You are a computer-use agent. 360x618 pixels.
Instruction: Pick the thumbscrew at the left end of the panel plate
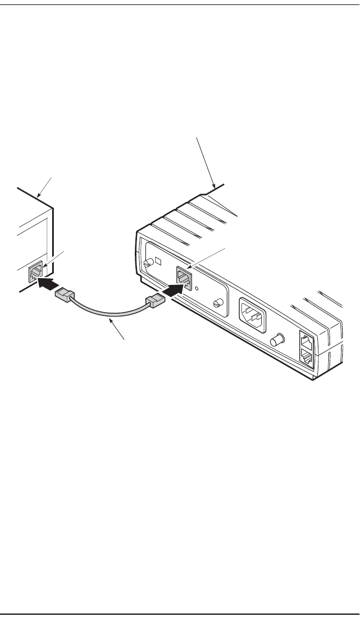pyautogui.click(x=148, y=264)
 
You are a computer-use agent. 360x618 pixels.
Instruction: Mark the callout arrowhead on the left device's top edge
pyautogui.click(x=38, y=197)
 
